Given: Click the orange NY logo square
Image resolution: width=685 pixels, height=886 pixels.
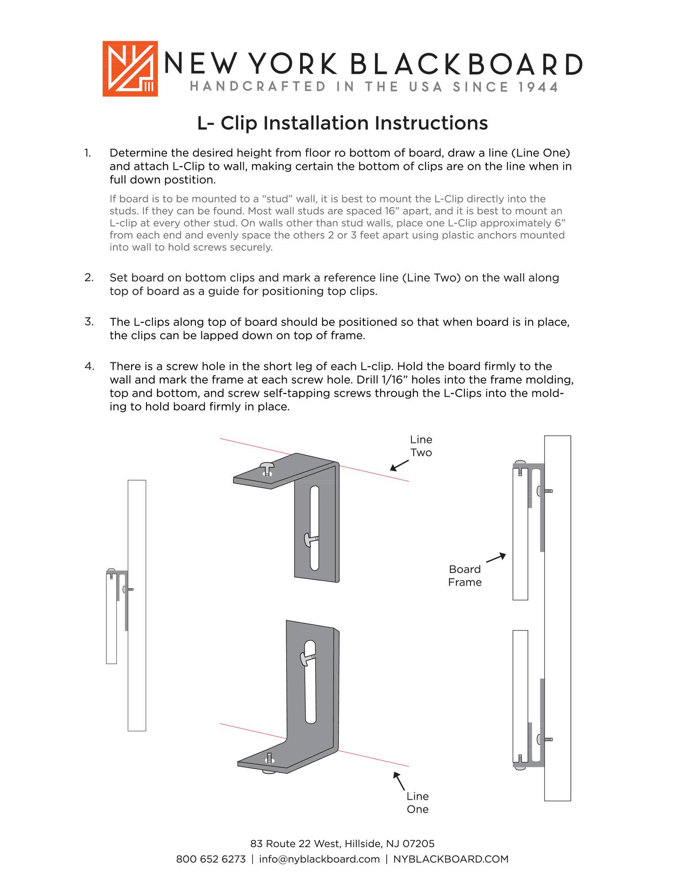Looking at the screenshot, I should click(x=130, y=68).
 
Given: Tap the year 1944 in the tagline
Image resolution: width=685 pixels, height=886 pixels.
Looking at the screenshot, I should click(x=538, y=87).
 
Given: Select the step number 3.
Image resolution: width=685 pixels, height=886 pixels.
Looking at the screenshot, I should click(x=89, y=322).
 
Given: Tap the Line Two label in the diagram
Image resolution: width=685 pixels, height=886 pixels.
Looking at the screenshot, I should click(x=421, y=446).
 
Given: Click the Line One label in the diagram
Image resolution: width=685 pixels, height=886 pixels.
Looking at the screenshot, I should click(x=417, y=802).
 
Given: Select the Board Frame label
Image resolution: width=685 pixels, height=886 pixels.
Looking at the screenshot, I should click(x=464, y=576).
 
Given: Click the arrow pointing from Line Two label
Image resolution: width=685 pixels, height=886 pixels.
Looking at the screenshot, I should click(x=399, y=466).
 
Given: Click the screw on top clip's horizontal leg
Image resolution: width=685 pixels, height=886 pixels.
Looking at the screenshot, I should click(x=267, y=468).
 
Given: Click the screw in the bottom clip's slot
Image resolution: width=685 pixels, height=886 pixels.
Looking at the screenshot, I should click(x=307, y=658).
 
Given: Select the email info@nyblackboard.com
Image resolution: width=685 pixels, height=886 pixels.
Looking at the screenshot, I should click(x=319, y=859).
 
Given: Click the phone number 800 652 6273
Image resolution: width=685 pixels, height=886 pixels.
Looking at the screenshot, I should click(x=211, y=859).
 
